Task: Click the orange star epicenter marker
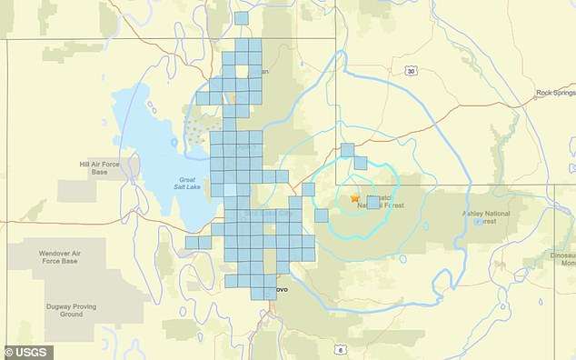355,197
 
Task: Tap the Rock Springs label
554,92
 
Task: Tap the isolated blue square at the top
241,18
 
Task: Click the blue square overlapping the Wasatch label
372,202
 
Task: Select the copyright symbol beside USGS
9,351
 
